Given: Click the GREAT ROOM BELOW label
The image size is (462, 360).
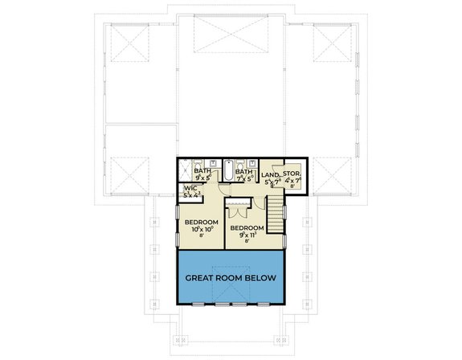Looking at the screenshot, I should tap(231, 278).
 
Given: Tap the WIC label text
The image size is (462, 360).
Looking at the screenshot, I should tap(190, 189).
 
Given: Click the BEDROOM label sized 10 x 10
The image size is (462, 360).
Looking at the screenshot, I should tap(201, 222).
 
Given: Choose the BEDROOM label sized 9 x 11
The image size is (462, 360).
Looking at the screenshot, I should tap(246, 227).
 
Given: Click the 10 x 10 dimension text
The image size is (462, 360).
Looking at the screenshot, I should tap(201, 230).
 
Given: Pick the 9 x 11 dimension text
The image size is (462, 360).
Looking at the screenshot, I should tap(246, 235).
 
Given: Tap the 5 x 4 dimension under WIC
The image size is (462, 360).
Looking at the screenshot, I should tap(190, 195).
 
